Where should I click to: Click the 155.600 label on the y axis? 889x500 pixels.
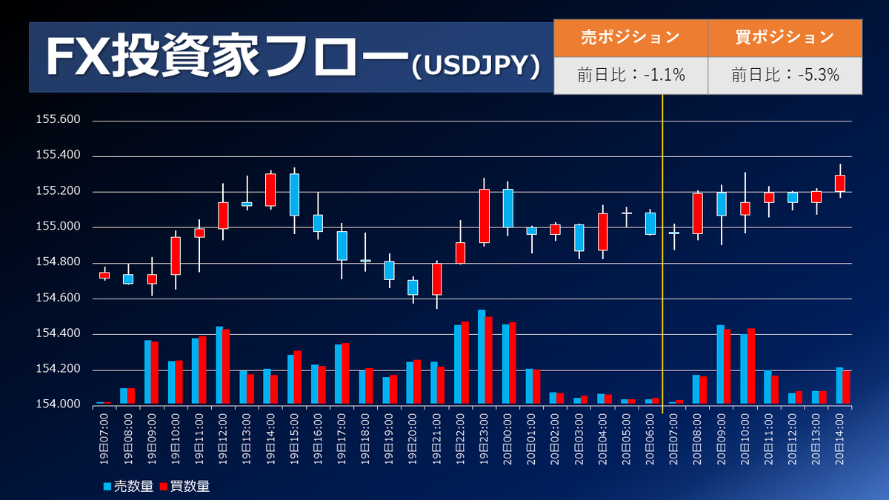click(x=58, y=119)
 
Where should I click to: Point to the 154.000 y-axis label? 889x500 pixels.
click(x=58, y=404)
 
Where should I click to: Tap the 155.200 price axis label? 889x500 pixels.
click(x=58, y=190)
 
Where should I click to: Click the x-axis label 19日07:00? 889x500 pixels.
click(x=104, y=439)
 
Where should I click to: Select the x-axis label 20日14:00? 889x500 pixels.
click(x=839, y=439)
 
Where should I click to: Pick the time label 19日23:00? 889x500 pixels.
click(x=483, y=439)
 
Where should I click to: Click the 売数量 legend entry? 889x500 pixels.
click(x=128, y=486)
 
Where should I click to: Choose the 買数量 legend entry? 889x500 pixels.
click(x=184, y=486)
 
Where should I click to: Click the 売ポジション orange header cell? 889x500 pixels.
click(x=630, y=38)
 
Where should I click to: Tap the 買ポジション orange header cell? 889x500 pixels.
click(x=785, y=38)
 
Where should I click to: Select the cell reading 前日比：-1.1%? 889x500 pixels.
click(x=630, y=76)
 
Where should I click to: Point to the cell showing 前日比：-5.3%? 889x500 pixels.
click(x=785, y=76)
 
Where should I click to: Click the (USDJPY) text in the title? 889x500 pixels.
click(x=476, y=66)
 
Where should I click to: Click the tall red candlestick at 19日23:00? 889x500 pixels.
click(x=485, y=216)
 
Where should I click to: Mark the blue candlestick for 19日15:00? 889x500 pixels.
click(x=294, y=195)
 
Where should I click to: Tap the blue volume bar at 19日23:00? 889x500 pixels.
click(x=482, y=357)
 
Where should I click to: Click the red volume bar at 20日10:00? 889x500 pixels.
click(x=751, y=366)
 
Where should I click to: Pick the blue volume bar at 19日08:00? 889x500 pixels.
click(x=124, y=396)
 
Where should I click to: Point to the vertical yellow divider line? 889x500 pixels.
click(x=662, y=254)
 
